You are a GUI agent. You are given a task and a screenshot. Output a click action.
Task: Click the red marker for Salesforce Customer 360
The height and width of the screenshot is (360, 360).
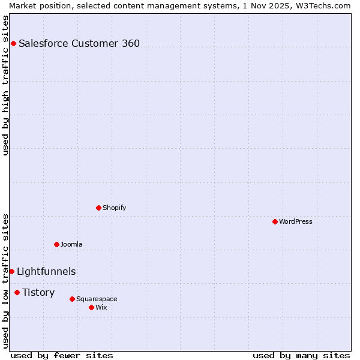point(13,43)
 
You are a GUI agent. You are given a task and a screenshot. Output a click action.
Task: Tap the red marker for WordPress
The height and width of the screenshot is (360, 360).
point(275,221)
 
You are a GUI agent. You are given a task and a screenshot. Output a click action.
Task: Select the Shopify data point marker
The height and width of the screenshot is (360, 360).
point(98,208)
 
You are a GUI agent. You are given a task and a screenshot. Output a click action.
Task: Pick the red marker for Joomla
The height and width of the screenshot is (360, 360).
point(56,244)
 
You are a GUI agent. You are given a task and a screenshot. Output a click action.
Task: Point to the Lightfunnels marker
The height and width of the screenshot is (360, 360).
point(11,271)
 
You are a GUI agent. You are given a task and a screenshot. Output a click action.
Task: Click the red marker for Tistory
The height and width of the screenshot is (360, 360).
point(17,292)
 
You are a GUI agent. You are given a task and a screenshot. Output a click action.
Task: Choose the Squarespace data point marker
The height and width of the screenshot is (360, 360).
point(72,299)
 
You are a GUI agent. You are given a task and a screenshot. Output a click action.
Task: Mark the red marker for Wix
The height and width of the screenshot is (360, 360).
point(91,307)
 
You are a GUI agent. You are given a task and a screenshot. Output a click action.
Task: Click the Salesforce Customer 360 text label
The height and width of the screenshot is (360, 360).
point(79,43)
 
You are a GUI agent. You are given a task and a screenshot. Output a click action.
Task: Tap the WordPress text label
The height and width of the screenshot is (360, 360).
point(296,221)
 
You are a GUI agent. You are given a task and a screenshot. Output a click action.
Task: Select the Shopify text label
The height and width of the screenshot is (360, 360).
point(115,208)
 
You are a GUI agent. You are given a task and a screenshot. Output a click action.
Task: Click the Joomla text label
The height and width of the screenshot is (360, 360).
point(71,244)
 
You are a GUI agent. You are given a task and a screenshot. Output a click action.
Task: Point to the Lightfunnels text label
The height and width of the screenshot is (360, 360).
point(46,271)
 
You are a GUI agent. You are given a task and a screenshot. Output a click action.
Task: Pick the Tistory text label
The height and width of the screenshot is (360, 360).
point(38,292)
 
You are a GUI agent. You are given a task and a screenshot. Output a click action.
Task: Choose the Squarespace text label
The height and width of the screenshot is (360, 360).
point(97,299)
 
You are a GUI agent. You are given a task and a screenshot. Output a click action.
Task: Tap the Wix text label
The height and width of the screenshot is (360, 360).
point(101,307)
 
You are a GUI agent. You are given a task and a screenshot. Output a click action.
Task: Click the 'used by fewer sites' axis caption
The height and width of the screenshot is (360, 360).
point(62,355)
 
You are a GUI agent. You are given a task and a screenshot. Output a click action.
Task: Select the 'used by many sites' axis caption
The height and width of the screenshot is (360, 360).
point(301,355)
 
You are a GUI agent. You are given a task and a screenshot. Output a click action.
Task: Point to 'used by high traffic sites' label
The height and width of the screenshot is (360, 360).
point(5,85)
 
